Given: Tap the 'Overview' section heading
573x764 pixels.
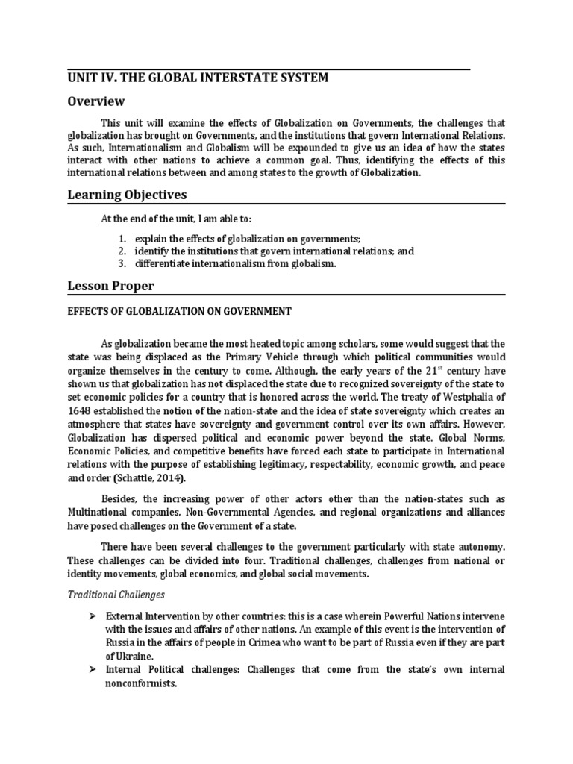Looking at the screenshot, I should pos(96,101).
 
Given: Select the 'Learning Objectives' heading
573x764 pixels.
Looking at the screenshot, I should pos(127,195).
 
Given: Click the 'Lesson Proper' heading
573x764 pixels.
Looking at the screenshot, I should pos(110,287).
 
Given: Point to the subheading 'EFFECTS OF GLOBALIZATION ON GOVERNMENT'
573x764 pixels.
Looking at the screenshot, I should pos(179,311).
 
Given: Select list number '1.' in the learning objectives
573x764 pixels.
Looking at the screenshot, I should pos(122,239).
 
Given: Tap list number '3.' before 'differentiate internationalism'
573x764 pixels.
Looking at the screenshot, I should pos(122,264).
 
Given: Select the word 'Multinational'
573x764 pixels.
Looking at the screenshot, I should pos(97,513).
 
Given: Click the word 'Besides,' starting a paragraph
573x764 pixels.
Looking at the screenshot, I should pos(119,500).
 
